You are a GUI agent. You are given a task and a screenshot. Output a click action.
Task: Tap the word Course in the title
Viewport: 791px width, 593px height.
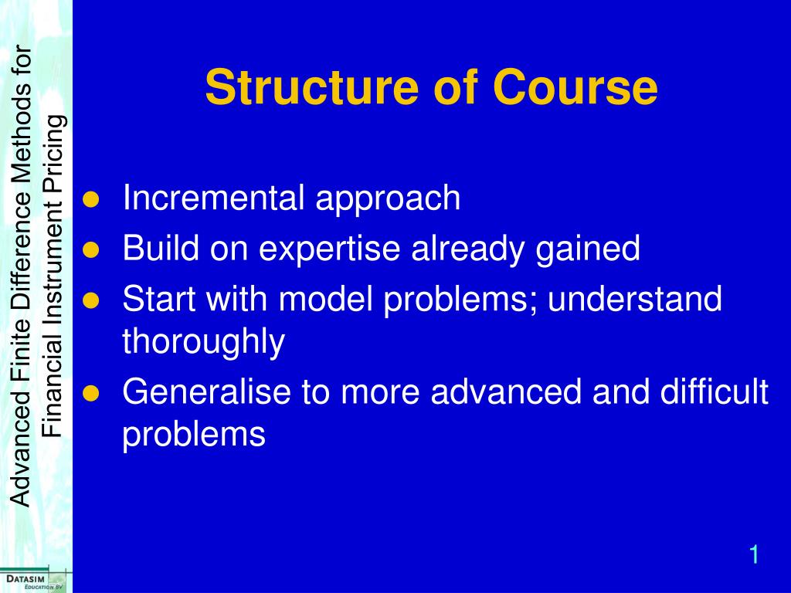575,86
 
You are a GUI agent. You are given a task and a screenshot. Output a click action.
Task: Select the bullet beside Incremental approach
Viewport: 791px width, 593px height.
91,199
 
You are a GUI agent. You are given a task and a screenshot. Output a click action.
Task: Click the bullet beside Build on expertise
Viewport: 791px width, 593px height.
91,249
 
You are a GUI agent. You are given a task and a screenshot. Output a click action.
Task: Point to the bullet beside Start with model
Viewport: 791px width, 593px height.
91,300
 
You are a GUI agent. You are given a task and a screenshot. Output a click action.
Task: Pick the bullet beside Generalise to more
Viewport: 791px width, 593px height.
91,393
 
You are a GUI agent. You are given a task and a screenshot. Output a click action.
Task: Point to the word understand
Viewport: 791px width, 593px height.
635,299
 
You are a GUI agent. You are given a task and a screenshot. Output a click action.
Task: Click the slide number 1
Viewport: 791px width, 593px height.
754,554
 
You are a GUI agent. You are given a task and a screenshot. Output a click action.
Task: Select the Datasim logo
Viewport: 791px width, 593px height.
33,581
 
